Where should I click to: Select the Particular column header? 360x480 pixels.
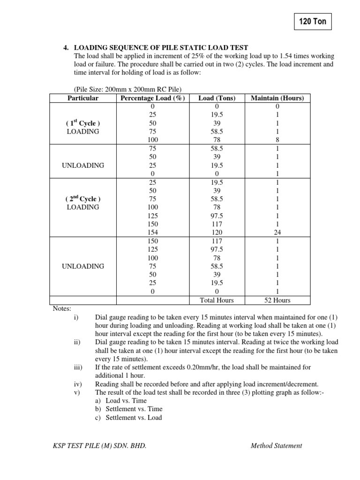[83, 98]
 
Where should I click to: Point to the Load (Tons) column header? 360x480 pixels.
[217, 98]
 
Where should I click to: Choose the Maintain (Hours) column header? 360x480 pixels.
[277, 98]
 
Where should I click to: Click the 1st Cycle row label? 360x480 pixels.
[83, 123]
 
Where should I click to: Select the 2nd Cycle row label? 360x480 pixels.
[83, 199]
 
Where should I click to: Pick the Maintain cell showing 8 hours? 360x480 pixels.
[277, 140]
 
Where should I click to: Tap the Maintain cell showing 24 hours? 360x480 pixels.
[277, 232]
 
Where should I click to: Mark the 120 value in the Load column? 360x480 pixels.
[217, 232]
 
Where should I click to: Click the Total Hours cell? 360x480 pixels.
[217, 300]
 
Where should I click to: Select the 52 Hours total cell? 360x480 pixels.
[277, 300]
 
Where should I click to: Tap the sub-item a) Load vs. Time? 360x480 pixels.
[121, 401]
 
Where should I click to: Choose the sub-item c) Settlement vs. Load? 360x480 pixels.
[128, 417]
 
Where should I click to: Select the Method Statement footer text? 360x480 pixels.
[276, 446]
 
